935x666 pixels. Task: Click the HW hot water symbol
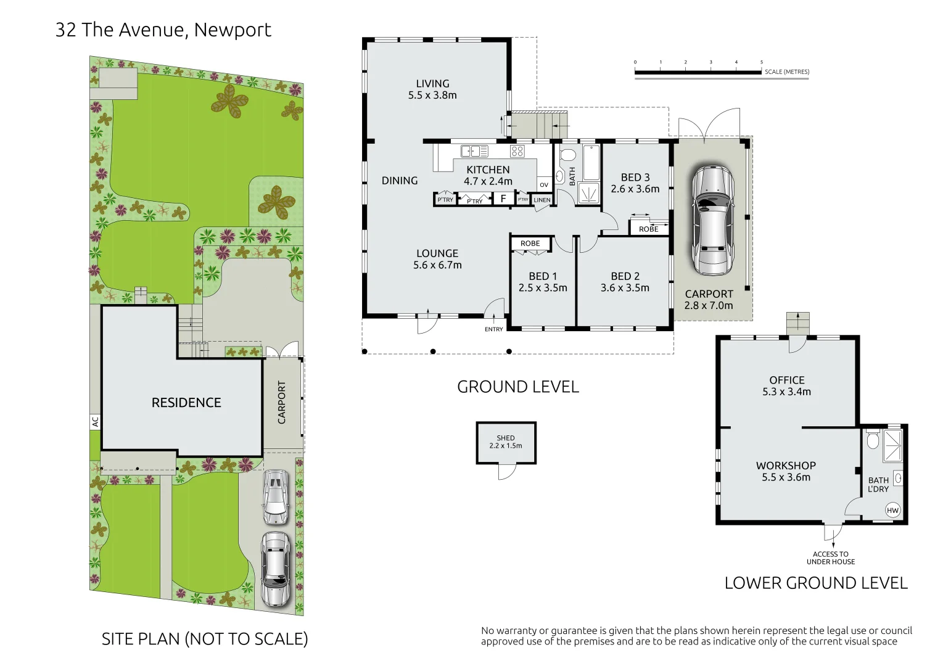tap(892, 510)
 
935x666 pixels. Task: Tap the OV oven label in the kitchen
tap(543, 185)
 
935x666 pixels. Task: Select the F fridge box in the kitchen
tap(503, 199)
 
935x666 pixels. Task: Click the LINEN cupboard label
tap(542, 200)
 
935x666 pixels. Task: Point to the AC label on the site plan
tap(95, 422)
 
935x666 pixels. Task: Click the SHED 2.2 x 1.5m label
tap(506, 442)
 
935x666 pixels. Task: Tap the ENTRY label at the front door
tap(493, 329)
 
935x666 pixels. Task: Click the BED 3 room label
tap(635, 183)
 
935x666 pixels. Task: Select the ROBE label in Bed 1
tap(530, 244)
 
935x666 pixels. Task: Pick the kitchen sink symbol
tap(474, 151)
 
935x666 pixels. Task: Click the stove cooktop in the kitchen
tap(517, 151)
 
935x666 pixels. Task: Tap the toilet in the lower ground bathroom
tap(873, 441)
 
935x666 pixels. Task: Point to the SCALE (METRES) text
tap(787, 72)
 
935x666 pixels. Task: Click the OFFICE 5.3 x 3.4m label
tap(786, 385)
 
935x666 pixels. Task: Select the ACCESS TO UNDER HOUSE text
tap(831, 558)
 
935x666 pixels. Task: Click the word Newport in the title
tap(233, 30)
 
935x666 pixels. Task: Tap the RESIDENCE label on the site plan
tap(186, 403)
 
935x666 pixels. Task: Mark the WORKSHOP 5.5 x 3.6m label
tap(786, 471)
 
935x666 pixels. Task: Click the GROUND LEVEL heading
tap(518, 387)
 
